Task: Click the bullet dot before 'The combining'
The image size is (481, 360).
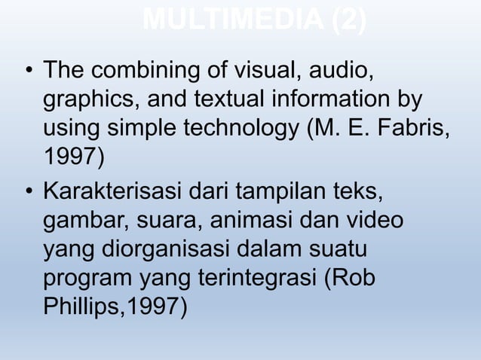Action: coord(28,74)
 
